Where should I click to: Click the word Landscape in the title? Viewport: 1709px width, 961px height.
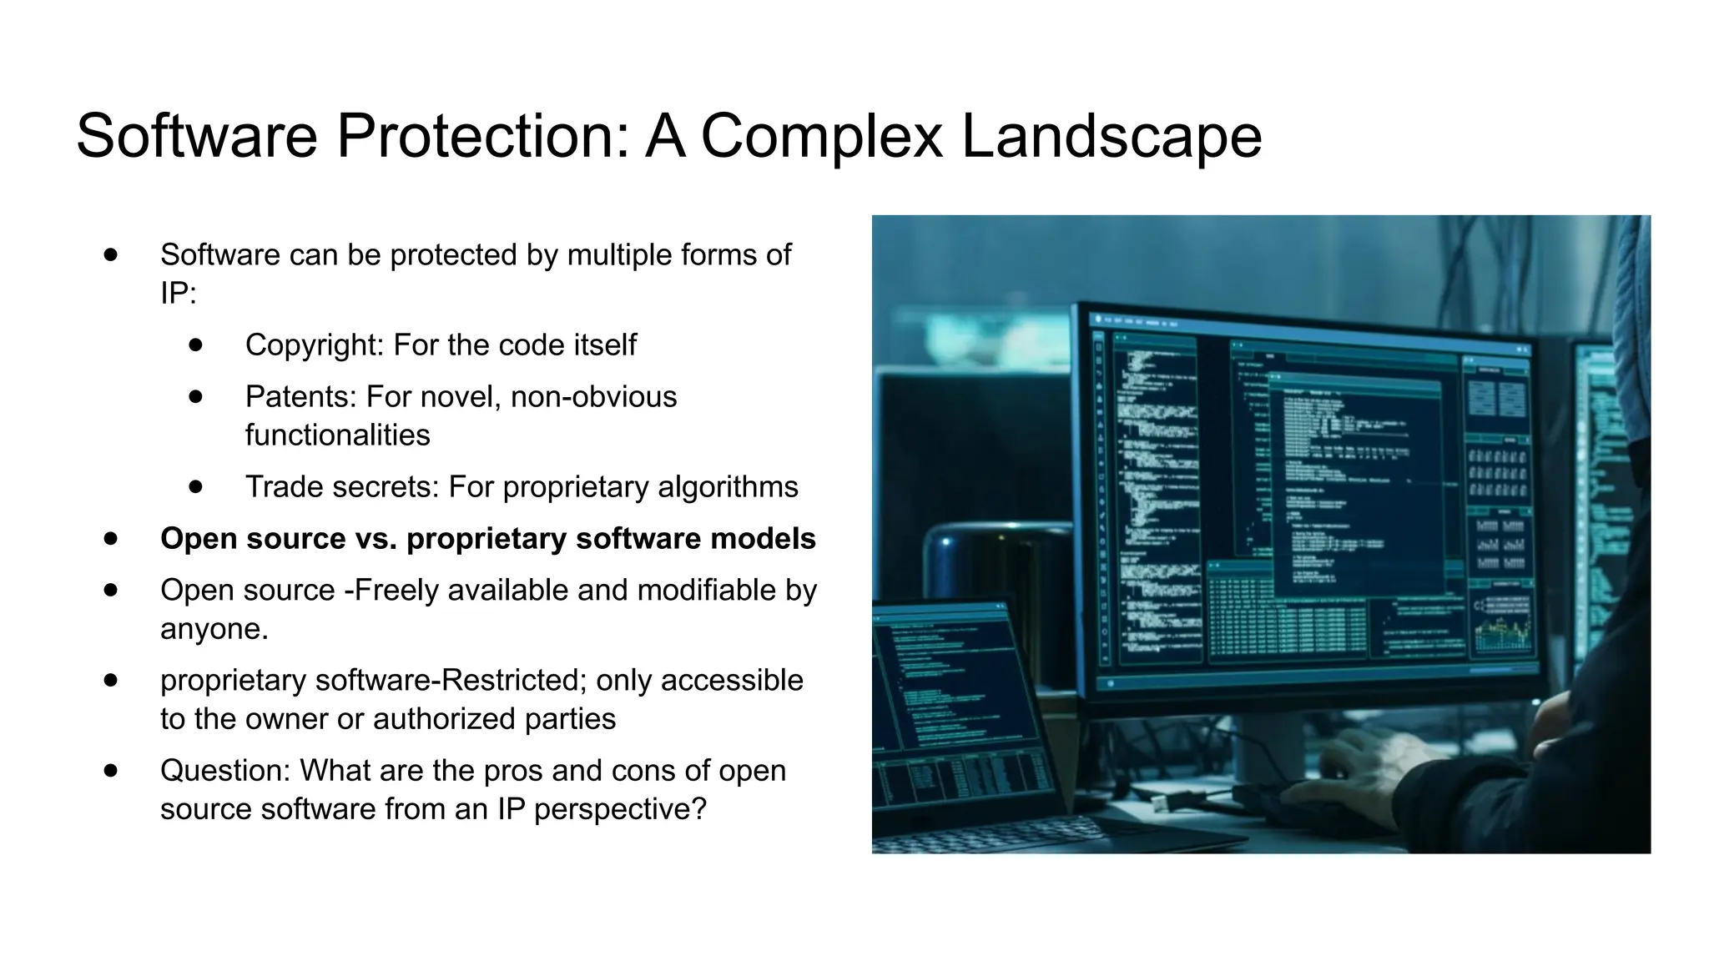[1112, 137]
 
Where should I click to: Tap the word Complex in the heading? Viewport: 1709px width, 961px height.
[821, 137]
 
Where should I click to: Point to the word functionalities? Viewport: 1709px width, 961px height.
[337, 435]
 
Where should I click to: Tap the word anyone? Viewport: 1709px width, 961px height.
[214, 629]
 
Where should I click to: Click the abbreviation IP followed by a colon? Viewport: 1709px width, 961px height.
[177, 293]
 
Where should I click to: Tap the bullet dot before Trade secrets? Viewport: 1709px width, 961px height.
[196, 486]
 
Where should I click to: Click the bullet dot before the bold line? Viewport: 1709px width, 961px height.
[111, 538]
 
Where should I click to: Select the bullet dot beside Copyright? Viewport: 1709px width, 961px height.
[196, 345]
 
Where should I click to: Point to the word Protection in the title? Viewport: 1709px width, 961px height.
[481, 137]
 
